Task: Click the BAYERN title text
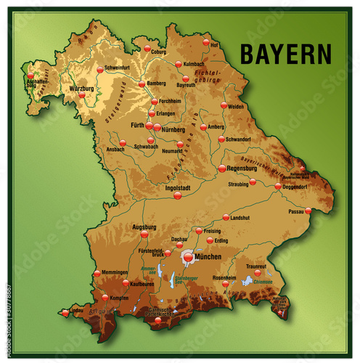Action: coord(285,54)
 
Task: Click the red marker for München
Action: coord(188,256)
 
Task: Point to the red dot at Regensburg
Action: coord(222,168)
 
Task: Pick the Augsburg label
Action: coord(144,227)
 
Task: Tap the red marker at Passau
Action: coord(308,211)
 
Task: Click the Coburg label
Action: coord(159,52)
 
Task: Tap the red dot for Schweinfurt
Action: coord(100,70)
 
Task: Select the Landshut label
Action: coord(240,217)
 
